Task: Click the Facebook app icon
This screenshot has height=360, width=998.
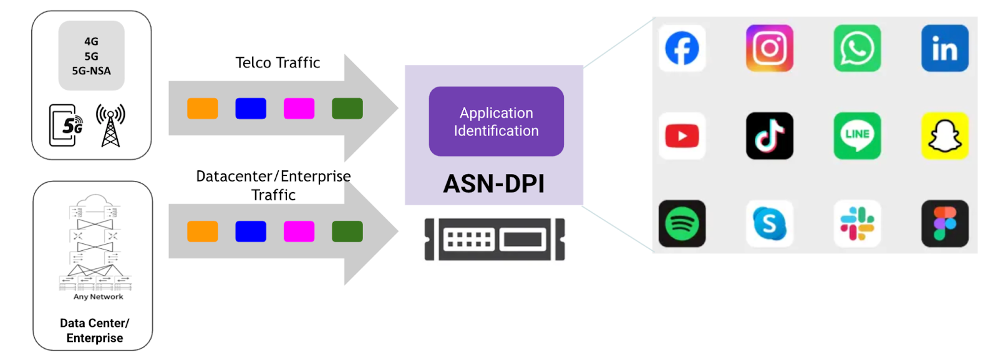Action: [682, 48]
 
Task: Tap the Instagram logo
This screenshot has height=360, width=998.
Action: [770, 48]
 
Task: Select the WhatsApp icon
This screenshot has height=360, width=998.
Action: [857, 48]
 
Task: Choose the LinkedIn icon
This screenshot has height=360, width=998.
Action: [944, 48]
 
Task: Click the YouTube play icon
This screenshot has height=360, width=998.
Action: [682, 136]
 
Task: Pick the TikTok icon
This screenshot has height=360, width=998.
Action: [770, 136]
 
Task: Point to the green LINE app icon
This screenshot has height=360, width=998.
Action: [857, 136]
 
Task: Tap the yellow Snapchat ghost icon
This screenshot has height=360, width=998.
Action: [944, 136]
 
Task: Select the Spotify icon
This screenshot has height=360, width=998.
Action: [682, 223]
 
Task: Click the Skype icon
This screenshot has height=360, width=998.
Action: [770, 223]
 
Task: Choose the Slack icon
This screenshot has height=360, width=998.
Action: [857, 223]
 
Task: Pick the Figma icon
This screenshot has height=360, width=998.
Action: [944, 223]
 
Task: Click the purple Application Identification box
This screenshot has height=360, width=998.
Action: [496, 122]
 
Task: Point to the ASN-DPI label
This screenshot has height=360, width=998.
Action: [494, 184]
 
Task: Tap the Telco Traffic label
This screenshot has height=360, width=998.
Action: [278, 62]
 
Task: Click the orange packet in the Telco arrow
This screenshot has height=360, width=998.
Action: [203, 109]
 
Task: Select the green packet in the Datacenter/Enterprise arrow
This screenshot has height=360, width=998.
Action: [347, 231]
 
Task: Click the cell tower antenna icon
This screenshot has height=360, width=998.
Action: [110, 125]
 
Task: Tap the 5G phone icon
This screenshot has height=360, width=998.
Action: [65, 125]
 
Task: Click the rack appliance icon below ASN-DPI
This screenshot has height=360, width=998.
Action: [495, 239]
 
